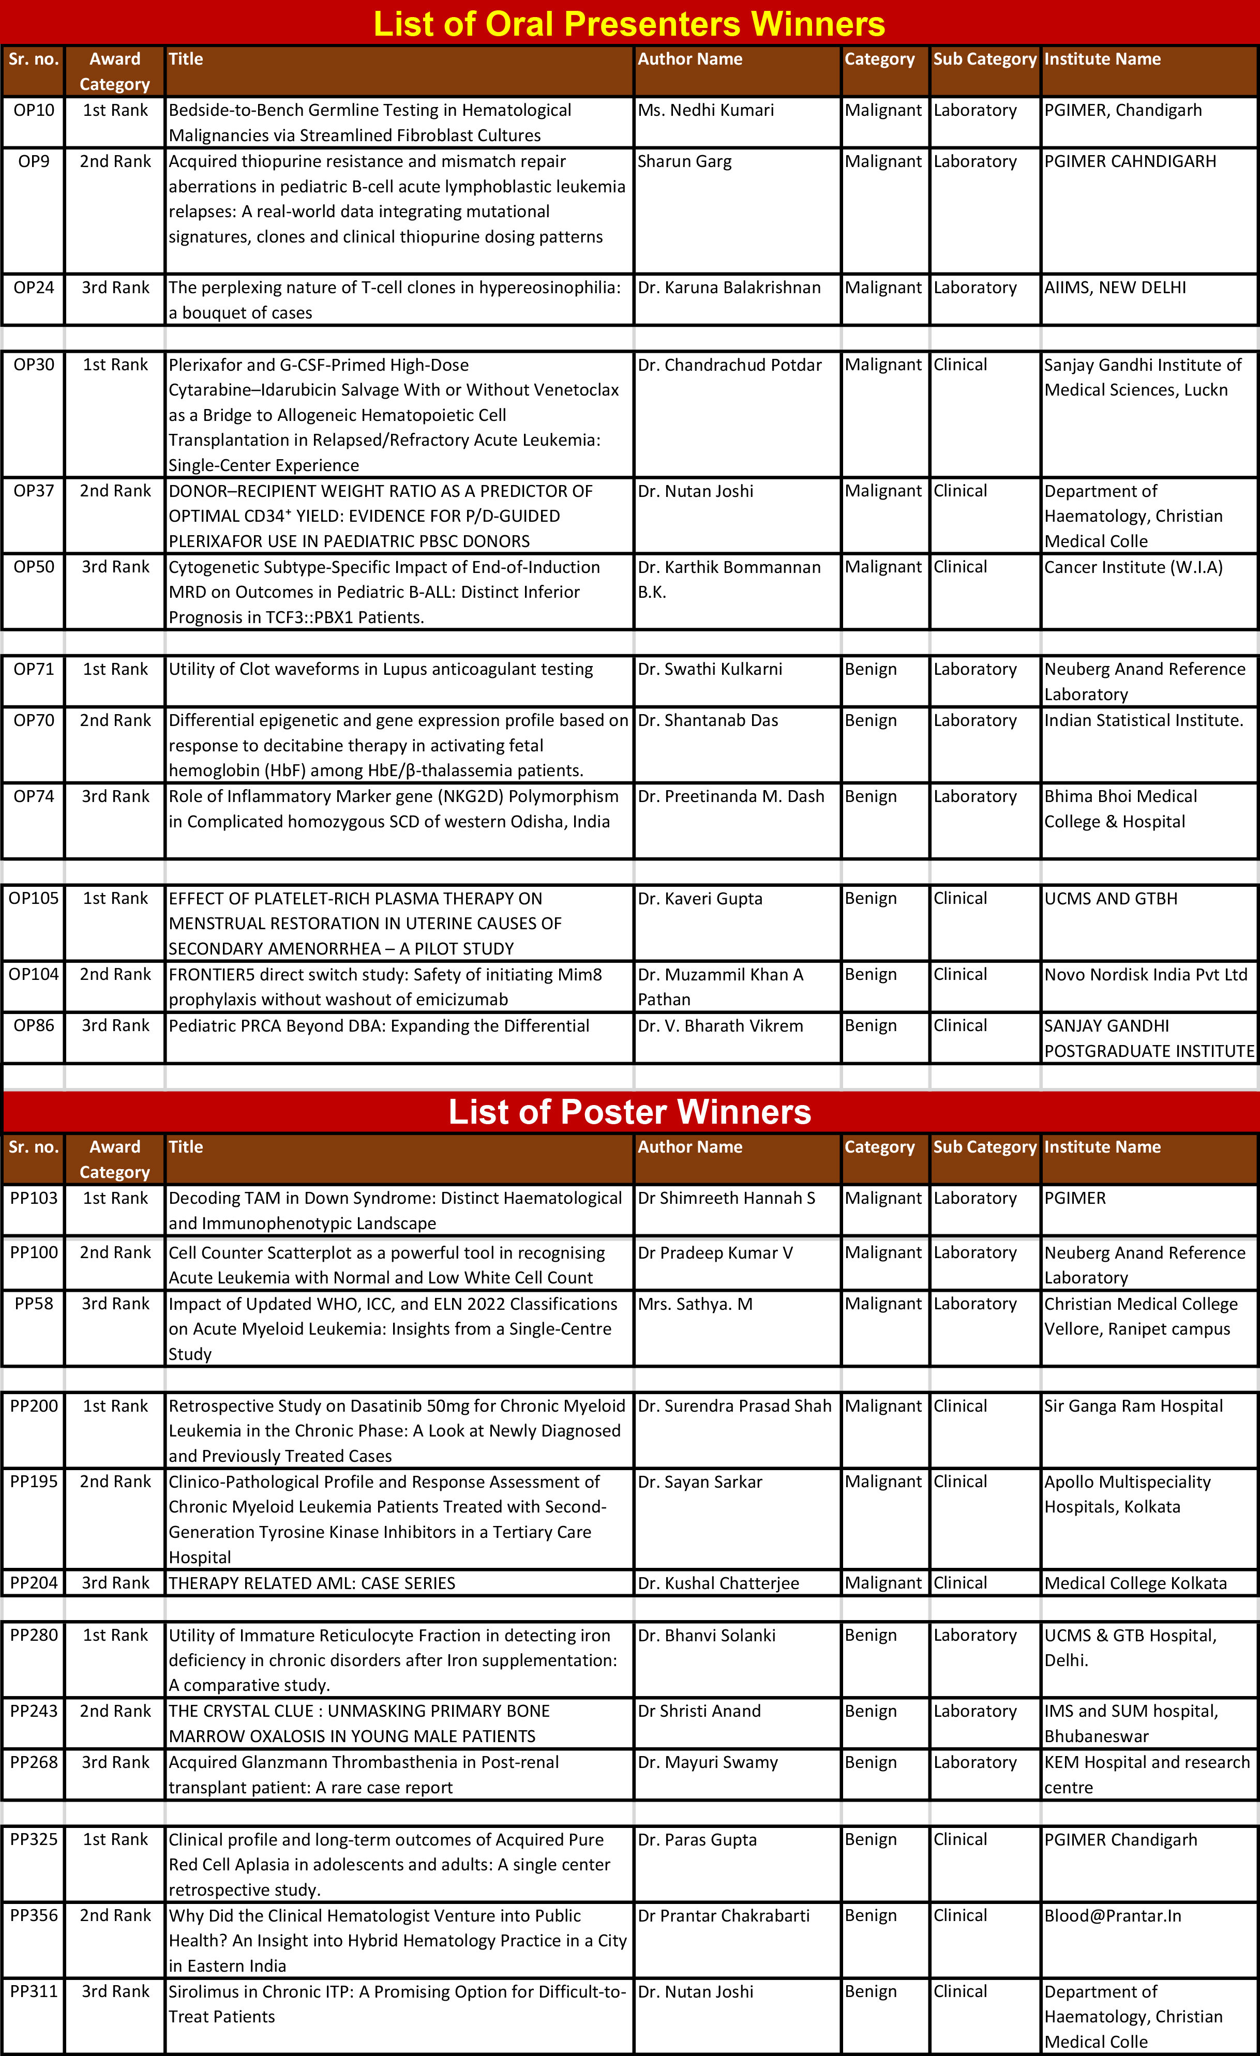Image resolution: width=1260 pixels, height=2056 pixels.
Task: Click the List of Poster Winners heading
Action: coord(629,1111)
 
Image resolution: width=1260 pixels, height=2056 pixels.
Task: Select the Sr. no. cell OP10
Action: coord(34,110)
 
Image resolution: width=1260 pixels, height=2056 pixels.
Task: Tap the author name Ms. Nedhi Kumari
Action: coord(706,110)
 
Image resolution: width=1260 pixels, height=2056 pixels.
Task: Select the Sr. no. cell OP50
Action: coord(34,567)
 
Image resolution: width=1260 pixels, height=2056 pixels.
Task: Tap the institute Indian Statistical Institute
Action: coord(1143,721)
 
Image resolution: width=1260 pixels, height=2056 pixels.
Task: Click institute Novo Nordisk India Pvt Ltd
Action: coord(1146,975)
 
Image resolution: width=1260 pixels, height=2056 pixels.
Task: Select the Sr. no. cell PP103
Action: coord(34,1198)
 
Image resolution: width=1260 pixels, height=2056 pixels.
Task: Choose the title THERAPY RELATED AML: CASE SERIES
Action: coord(312,1583)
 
